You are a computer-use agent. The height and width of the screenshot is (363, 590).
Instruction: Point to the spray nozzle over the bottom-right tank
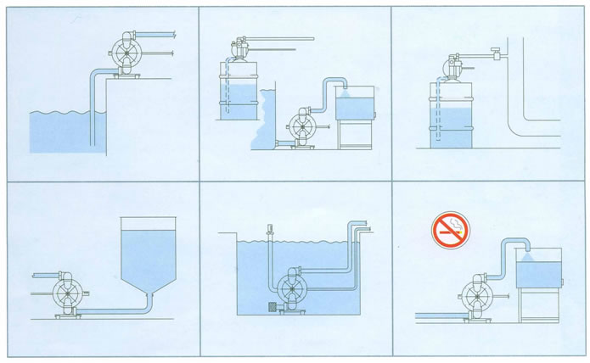click(x=525, y=252)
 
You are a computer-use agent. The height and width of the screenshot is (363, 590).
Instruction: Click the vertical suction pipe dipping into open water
click(x=93, y=110)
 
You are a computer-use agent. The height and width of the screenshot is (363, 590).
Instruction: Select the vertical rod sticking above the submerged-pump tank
click(x=267, y=231)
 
